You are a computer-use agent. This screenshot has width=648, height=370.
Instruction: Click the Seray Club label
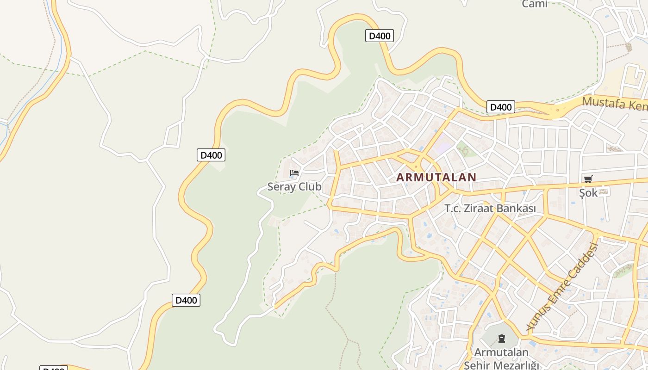point(294,187)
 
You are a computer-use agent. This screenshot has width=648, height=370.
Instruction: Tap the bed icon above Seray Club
point(294,173)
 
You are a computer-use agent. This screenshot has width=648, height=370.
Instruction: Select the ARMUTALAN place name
point(436,177)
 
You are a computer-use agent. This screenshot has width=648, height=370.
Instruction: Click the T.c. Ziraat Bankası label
point(490,209)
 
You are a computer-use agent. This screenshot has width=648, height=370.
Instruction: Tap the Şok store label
point(588,193)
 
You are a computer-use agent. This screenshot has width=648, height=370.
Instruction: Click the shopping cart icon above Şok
point(588,179)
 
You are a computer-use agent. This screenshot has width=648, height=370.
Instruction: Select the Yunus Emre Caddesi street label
point(563,287)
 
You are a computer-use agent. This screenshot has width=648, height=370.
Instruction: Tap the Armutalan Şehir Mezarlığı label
point(501,358)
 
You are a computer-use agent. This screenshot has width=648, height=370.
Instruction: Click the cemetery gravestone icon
point(502,339)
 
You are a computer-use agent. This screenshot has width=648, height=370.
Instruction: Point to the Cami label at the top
point(535,4)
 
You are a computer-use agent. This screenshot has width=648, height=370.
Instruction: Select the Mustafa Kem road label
point(615,104)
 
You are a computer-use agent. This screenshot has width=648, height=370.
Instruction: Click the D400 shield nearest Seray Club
point(211,155)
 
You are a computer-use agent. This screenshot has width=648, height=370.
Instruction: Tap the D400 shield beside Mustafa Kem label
point(501,107)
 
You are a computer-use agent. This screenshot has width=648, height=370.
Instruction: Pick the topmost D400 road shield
point(380,36)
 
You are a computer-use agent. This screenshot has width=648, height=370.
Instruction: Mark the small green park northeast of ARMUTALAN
point(465,150)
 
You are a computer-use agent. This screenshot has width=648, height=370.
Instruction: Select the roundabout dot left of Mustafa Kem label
point(558,111)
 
